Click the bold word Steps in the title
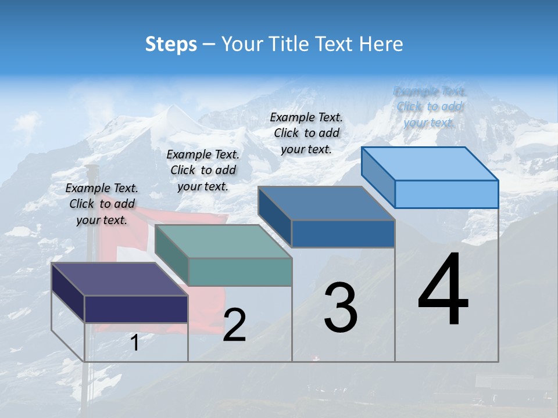pos(171,44)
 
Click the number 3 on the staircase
pos(340,308)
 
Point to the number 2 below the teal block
pos(234,325)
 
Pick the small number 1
pos(135,343)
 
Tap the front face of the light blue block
pos(446,194)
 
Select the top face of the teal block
pos(223,242)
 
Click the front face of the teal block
pos(240,272)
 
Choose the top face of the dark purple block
pos(120,279)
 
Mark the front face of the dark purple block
pos(136,309)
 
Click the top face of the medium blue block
pos(326,203)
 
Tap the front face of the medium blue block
pos(343,233)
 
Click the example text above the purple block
pos(102,204)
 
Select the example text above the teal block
pos(203,170)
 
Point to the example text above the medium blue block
pos(306,133)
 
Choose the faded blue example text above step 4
pos(430,107)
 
